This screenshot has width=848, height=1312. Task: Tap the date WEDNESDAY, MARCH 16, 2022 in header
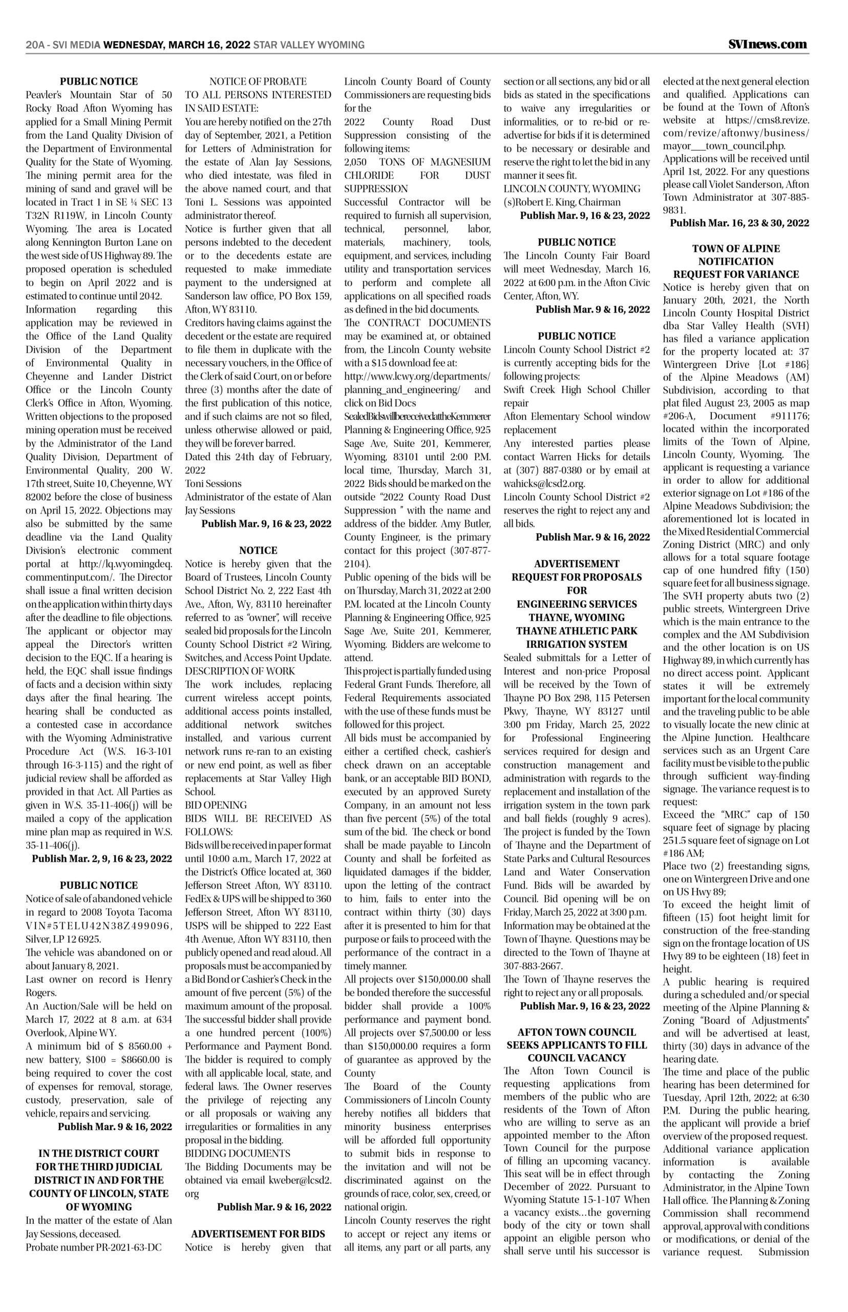[177, 45]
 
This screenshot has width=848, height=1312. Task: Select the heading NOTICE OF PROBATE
[258, 81]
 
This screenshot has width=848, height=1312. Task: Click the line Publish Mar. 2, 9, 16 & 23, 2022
[102, 858]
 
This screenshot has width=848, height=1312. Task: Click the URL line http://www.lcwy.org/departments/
[417, 376]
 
